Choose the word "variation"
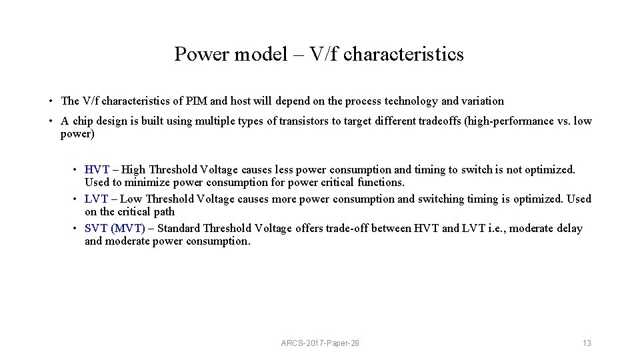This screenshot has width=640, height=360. [x=481, y=101]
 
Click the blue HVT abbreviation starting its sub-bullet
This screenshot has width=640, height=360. [x=97, y=170]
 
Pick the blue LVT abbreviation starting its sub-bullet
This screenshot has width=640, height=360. [x=97, y=199]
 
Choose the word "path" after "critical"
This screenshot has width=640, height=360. [x=164, y=212]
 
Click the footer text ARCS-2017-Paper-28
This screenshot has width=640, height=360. [x=320, y=343]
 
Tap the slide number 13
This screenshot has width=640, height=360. [x=587, y=343]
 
